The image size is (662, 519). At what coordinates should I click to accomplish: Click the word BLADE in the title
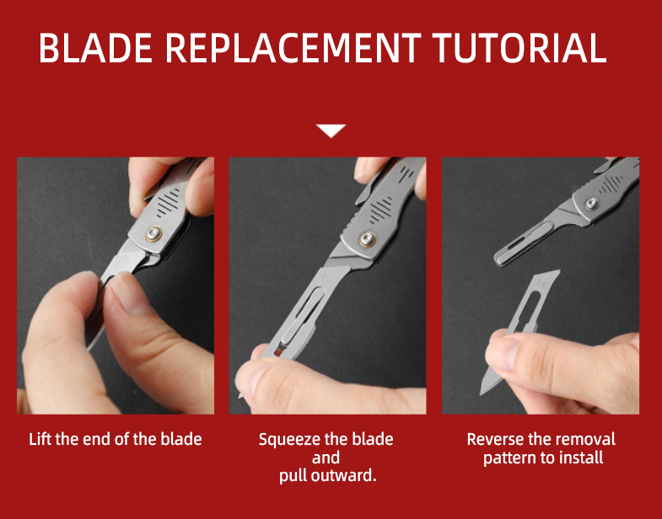click(x=95, y=48)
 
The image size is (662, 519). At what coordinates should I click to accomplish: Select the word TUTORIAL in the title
click(x=519, y=48)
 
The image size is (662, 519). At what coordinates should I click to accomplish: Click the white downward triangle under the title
click(x=331, y=131)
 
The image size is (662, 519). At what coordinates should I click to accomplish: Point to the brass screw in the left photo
click(x=153, y=233)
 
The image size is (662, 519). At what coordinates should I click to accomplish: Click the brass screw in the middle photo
click(x=368, y=238)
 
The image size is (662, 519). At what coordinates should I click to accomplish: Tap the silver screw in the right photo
click(x=592, y=203)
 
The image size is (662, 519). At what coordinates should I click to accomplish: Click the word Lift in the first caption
click(x=40, y=439)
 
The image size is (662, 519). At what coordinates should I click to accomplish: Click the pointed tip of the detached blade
click(x=481, y=394)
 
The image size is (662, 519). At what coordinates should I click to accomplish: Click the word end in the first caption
click(x=97, y=439)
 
